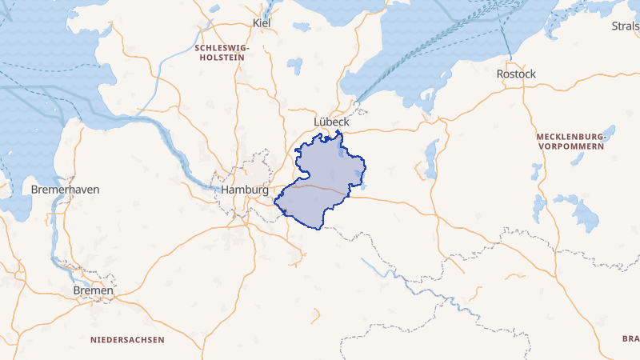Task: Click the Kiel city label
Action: point(262,23)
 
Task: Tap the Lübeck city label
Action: point(331,122)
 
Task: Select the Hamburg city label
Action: point(245,190)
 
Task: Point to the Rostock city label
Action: point(516,74)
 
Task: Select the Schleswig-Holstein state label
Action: point(222,53)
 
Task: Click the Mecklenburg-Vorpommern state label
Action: point(572,142)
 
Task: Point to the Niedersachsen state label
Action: point(127,340)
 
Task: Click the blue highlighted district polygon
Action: point(320,192)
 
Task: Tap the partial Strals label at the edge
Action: point(625,26)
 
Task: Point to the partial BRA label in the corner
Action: point(630,339)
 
